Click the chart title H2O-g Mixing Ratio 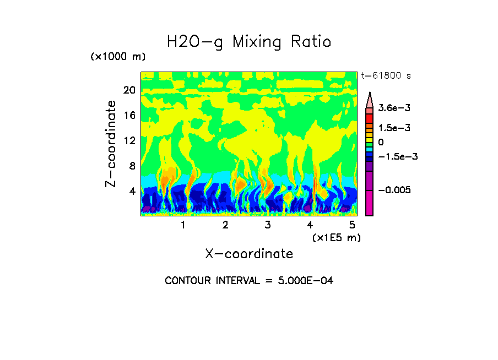coord(249,42)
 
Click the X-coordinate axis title coord(249,254)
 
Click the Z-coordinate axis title coord(111,144)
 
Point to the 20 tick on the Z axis coord(129,90)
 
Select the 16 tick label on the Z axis coord(129,116)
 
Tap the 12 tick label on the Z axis coord(129,140)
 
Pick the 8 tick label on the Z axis coord(132,166)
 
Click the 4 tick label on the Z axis coord(132,191)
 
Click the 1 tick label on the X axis coord(183,225)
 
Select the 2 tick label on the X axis coord(225,225)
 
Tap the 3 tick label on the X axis coord(268,225)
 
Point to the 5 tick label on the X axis coord(353,225)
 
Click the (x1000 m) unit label coord(117,57)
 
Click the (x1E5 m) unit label coord(336,238)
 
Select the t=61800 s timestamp coord(386,75)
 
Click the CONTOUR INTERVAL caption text coord(249,281)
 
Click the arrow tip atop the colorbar coord(370,94)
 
